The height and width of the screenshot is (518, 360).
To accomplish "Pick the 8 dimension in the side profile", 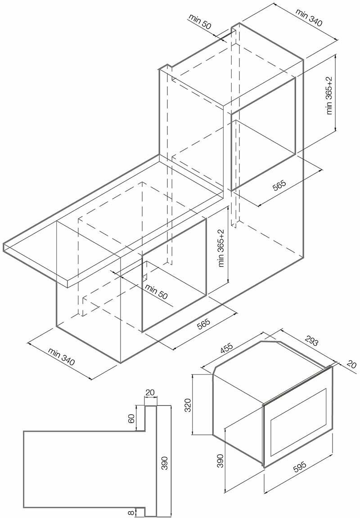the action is pos(131,511).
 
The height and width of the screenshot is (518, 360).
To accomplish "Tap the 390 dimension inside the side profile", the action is pos(165,463).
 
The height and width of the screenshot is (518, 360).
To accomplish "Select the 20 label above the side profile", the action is pos(150,393).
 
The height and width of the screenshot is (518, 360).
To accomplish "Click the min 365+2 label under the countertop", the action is pos(221,248).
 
